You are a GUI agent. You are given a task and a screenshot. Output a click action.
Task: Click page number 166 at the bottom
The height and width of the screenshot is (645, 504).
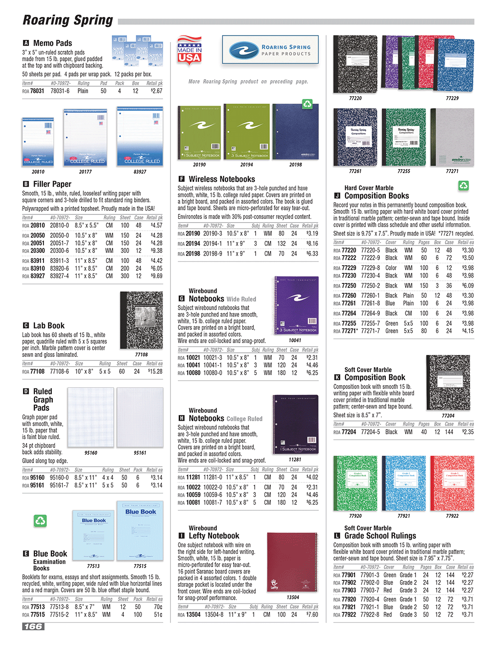[33, 626]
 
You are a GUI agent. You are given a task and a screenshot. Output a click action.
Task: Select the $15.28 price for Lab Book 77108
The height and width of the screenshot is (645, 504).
[155, 372]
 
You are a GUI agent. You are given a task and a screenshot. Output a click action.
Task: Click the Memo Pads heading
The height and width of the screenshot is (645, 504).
[53, 43]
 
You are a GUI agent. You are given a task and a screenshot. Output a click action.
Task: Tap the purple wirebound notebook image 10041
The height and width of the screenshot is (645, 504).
[295, 306]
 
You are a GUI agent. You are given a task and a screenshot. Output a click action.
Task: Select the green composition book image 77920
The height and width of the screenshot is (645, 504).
[355, 483]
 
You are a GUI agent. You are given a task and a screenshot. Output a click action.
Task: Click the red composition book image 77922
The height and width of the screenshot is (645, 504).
[452, 483]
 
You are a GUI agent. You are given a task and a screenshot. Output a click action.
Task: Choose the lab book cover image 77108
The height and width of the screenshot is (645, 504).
[141, 320]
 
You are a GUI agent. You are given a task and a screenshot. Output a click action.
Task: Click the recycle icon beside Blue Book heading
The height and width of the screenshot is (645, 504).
[40, 520]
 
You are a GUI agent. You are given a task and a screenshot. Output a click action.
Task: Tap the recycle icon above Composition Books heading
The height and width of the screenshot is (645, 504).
[464, 186]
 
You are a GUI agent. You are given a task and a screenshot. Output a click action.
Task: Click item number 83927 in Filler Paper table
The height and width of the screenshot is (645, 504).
[38, 276]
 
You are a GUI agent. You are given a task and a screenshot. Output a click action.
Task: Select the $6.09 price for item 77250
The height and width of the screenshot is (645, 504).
[468, 286]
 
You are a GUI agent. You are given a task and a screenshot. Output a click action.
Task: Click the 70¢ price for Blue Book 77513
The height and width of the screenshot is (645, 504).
[158, 607]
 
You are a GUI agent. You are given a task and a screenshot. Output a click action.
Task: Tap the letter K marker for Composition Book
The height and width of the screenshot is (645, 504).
[337, 377]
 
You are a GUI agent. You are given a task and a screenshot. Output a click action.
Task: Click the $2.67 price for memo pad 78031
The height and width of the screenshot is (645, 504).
[156, 91]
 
